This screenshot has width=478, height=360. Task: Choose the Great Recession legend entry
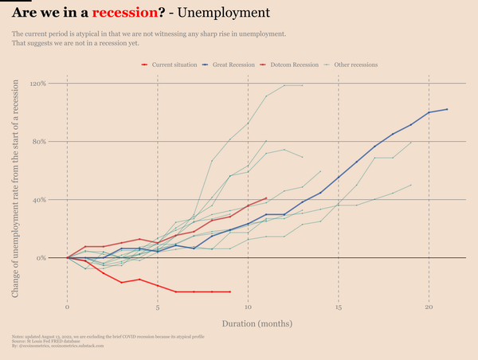pyautogui.click(x=234, y=65)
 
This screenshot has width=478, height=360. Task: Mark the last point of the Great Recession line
pyautogui.click(x=448, y=109)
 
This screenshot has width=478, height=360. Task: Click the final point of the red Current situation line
pyautogui.click(x=230, y=292)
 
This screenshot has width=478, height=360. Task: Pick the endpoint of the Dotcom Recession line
pyautogui.click(x=266, y=198)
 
